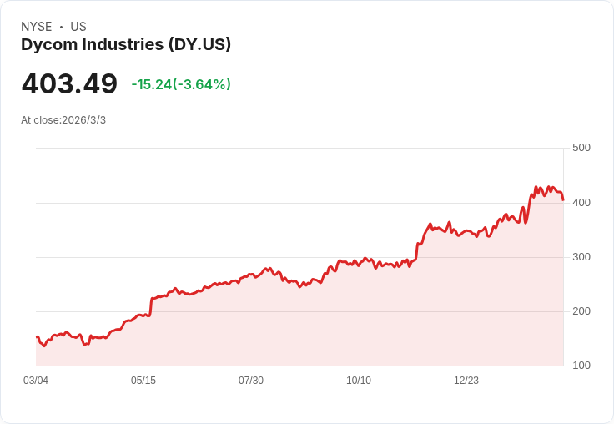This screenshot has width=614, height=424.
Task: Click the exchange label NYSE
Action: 37,27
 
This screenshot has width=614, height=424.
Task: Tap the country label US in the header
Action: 78,27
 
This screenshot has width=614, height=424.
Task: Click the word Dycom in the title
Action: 48,45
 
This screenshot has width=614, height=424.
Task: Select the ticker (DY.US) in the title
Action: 200,45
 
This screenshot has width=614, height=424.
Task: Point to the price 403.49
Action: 69,84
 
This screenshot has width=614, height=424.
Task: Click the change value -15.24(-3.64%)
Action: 181,84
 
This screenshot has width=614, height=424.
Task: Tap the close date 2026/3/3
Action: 84,120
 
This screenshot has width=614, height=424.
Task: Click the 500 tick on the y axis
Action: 581,148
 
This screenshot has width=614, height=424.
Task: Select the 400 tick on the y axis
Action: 581,202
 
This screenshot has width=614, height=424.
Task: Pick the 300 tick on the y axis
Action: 581,256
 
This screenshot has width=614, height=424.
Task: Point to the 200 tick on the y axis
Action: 581,311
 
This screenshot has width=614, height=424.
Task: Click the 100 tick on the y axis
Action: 581,366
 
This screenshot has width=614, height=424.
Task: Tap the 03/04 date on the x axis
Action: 36,381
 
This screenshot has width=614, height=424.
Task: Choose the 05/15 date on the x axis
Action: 143,381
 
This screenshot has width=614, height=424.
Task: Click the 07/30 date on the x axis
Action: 251,381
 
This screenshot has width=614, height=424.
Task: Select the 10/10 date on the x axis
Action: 359,381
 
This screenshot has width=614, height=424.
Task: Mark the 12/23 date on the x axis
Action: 466,381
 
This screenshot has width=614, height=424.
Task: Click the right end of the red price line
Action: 563,199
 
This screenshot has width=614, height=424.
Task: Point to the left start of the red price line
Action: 37,336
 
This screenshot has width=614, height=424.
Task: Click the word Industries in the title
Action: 123,45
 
